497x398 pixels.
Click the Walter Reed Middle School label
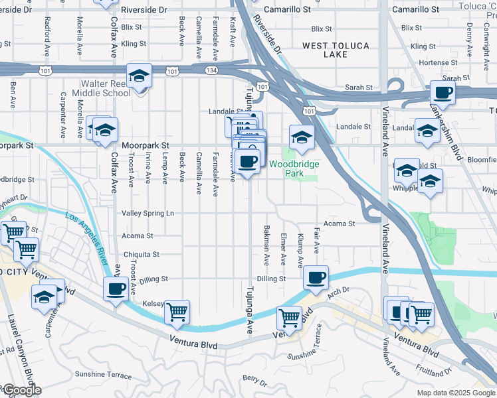click(x=106, y=89)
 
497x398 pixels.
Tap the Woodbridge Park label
click(x=294, y=168)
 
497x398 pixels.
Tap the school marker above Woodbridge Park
click(x=302, y=138)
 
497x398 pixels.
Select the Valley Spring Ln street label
click(x=148, y=213)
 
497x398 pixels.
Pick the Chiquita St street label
click(x=142, y=254)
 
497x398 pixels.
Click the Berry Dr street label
click(x=254, y=381)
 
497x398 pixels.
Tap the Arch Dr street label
click(x=338, y=290)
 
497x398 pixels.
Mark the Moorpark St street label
click(x=146, y=145)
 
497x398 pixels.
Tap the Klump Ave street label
click(x=301, y=246)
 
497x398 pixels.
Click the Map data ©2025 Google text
click(x=455, y=392)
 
